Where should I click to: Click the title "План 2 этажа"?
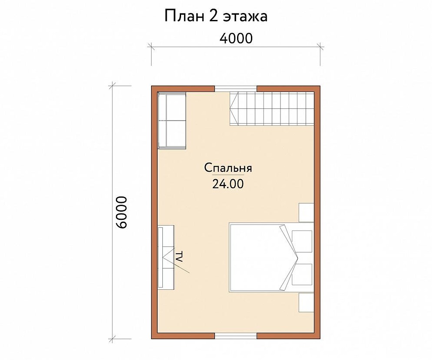(x=216, y=16)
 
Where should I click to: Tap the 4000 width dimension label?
(x=236, y=39)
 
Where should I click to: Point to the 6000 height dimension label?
(x=122, y=212)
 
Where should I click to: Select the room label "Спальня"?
(x=228, y=168)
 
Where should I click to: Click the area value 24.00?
(x=228, y=184)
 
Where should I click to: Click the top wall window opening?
(x=236, y=88)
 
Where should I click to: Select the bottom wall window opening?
(x=236, y=336)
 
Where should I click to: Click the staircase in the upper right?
(x=272, y=109)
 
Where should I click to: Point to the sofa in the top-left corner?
(x=171, y=121)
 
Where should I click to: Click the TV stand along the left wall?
(x=166, y=257)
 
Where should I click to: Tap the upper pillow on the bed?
(x=302, y=242)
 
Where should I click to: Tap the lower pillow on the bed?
(x=302, y=275)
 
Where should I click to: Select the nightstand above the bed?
(x=307, y=213)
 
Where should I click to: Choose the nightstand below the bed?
(x=307, y=302)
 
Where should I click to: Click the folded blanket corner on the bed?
(x=289, y=258)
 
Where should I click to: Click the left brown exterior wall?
(x=154, y=212)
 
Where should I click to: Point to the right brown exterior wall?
(x=317, y=212)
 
